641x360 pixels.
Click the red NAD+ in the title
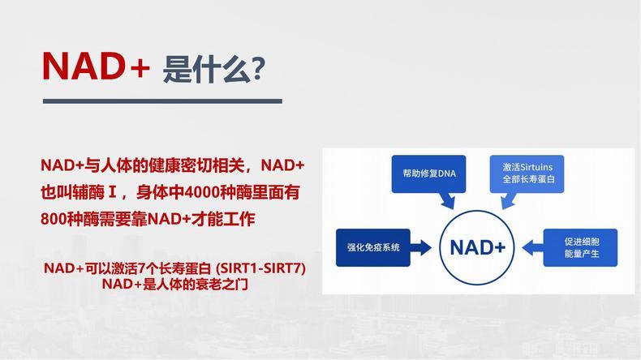tap(96, 66)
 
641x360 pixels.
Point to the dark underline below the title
tap(162, 101)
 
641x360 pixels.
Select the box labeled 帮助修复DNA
tap(429, 174)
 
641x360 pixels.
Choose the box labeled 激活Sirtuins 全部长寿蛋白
tap(527, 174)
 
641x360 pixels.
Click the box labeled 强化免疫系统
tap(372, 247)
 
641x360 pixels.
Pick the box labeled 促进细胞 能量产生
tap(580, 247)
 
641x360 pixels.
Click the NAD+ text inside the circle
tap(477, 247)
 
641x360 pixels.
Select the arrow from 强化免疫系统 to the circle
tap(420, 247)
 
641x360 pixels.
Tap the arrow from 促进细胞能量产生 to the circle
tap(532, 247)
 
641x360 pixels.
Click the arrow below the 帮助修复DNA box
tap(448, 200)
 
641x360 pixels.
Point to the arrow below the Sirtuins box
tap(509, 200)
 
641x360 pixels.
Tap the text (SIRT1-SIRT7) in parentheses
tap(260, 268)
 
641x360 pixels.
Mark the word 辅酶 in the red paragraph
tap(88, 192)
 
